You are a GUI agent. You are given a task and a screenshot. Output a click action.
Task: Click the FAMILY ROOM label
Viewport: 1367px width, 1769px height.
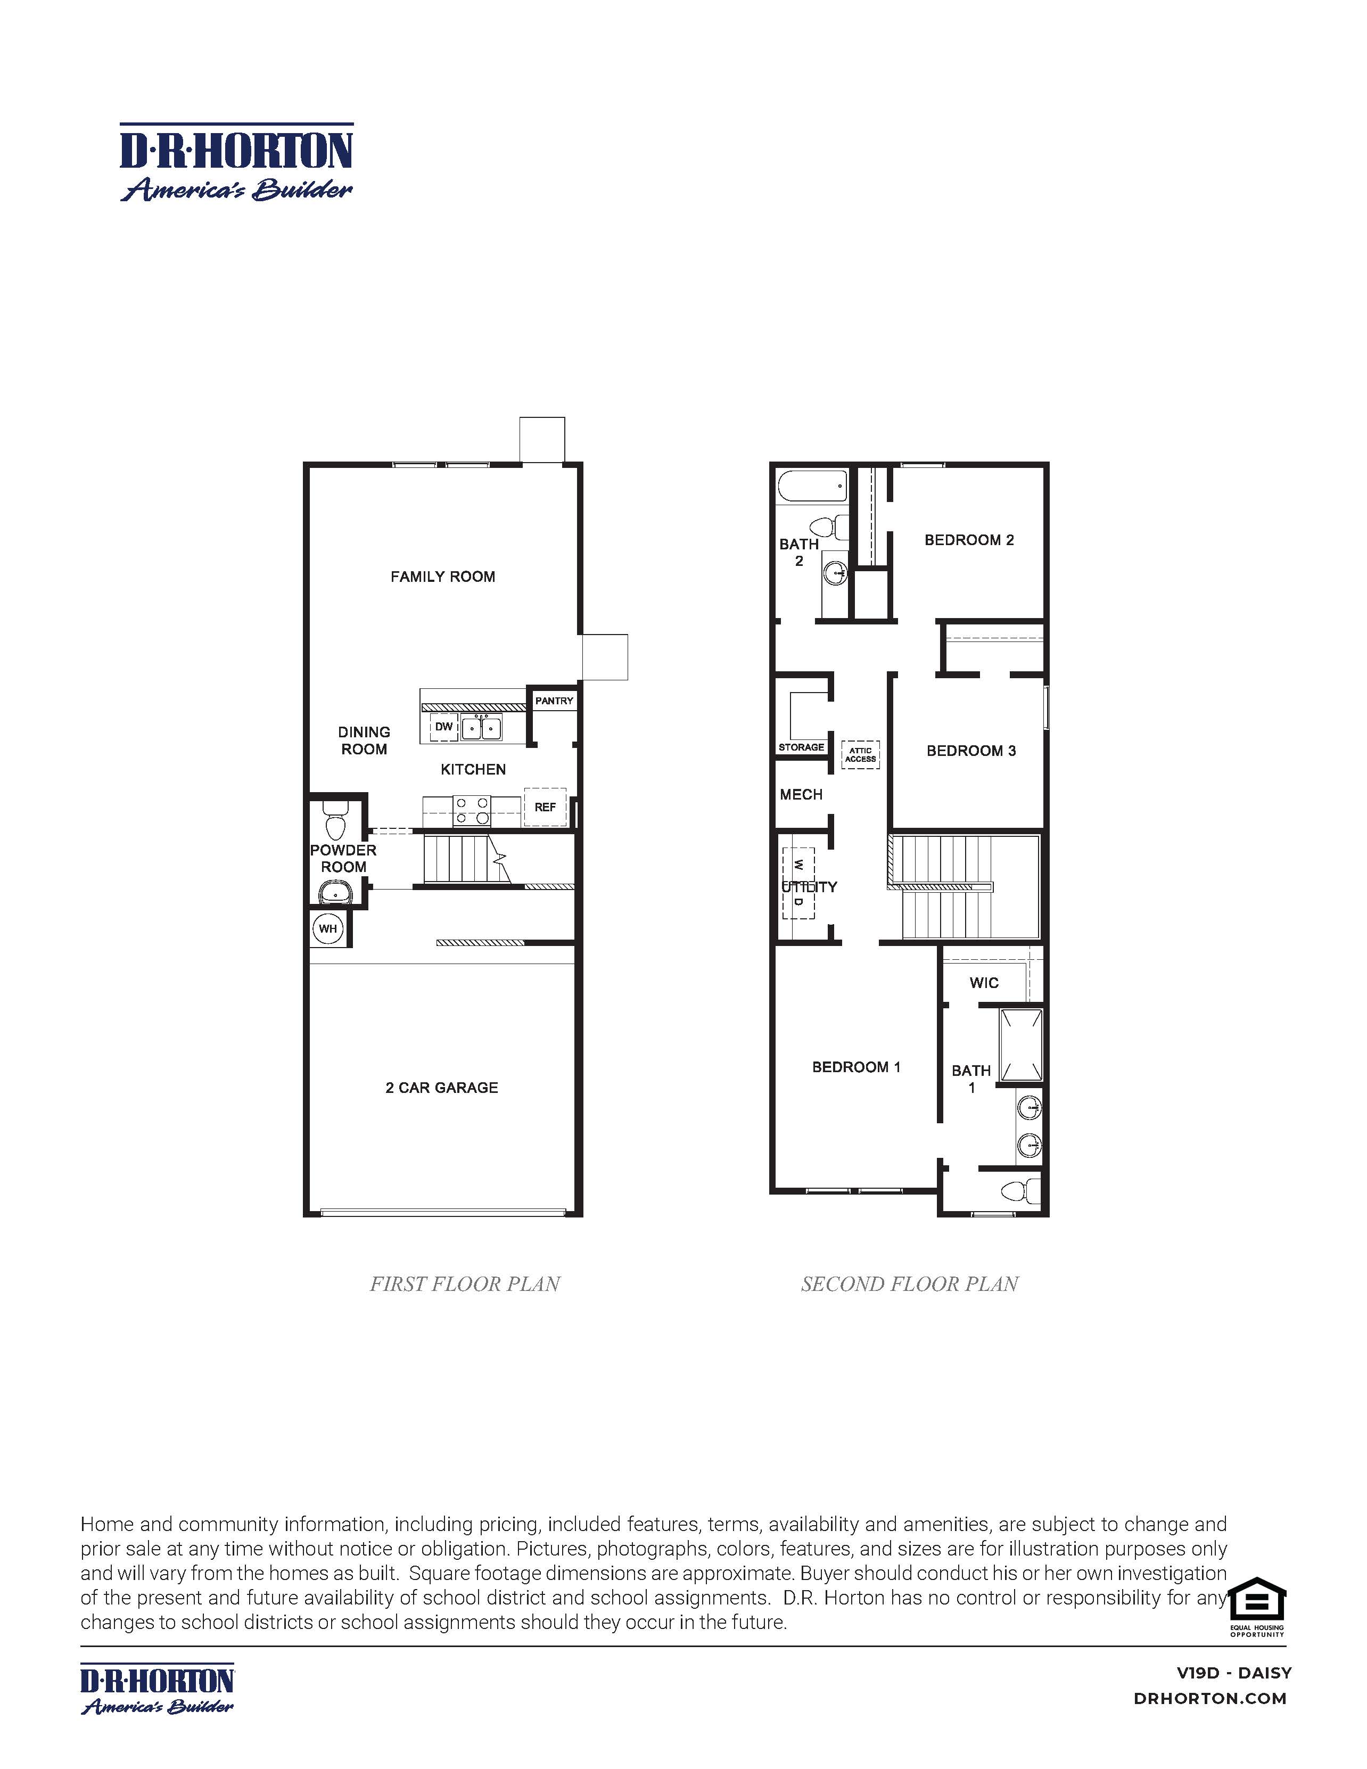pos(442,577)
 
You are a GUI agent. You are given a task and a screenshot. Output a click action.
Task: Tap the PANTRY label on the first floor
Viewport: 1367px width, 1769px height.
pos(554,701)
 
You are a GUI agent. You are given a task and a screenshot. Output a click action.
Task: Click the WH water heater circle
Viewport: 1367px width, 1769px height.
pos(328,928)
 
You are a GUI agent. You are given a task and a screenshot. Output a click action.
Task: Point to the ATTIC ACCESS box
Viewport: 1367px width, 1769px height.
pos(860,755)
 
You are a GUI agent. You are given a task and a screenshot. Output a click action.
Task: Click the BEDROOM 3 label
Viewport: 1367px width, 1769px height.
pos(971,751)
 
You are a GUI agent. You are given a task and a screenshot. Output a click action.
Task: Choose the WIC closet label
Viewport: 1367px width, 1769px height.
pos(984,983)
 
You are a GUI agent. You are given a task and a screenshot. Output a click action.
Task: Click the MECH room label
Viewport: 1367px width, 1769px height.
pos(801,795)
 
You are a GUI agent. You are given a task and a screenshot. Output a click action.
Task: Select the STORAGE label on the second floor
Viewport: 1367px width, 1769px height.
pos(801,747)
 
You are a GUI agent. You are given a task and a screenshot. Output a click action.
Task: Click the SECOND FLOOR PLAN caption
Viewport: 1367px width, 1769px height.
pos(909,1284)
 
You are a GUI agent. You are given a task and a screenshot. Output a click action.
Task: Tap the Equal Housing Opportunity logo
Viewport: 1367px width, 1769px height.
pos(1257,1607)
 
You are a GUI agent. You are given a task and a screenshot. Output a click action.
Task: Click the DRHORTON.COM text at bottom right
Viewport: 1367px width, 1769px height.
pos(1210,1699)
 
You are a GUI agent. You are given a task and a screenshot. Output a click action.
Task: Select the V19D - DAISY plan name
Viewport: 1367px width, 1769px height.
pos(1233,1673)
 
